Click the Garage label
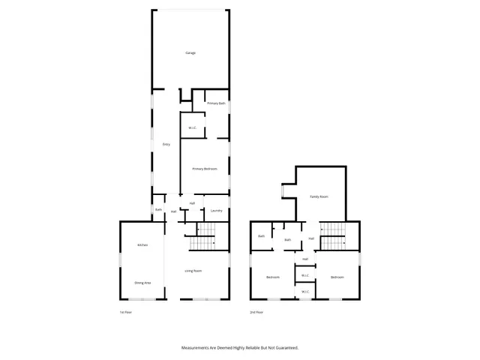(x=190, y=52)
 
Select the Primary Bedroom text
(x=204, y=169)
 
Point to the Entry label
(x=166, y=144)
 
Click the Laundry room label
(x=216, y=211)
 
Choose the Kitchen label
(x=142, y=245)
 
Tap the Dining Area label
(x=142, y=283)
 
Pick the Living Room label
(x=193, y=270)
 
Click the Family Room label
(x=319, y=196)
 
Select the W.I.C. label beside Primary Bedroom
(x=192, y=127)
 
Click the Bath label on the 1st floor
(x=158, y=210)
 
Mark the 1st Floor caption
(x=124, y=312)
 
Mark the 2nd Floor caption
(x=256, y=312)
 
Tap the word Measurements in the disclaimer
(x=198, y=348)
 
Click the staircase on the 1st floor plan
(x=201, y=238)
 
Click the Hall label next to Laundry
(x=192, y=203)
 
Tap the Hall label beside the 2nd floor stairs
(x=311, y=238)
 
